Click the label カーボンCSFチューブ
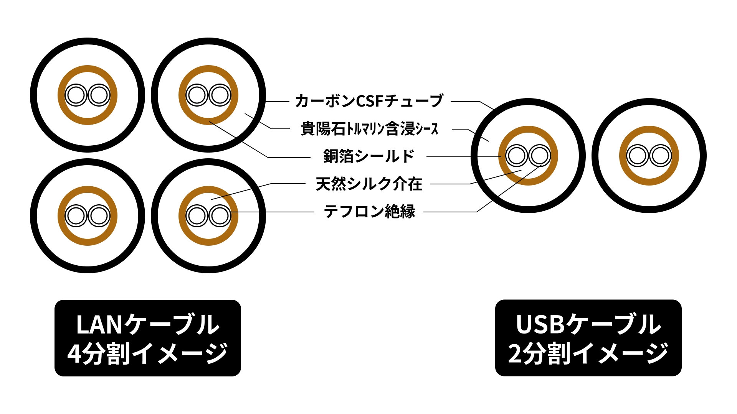[369, 101]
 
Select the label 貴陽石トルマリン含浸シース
[369, 129]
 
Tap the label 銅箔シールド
[369, 156]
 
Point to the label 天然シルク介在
[369, 184]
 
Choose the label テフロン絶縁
[369, 212]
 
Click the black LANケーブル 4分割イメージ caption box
[147, 338]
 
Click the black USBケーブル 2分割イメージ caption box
[588, 338]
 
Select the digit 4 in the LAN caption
[74, 354]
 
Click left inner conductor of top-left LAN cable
[76, 95]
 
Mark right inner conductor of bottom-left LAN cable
[99, 216]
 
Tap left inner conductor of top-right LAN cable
[197, 95]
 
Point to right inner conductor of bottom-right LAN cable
[220, 216]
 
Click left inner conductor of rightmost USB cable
[638, 156]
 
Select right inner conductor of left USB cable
[540, 156]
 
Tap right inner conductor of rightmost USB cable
[661, 156]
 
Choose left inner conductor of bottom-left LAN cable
[76, 216]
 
